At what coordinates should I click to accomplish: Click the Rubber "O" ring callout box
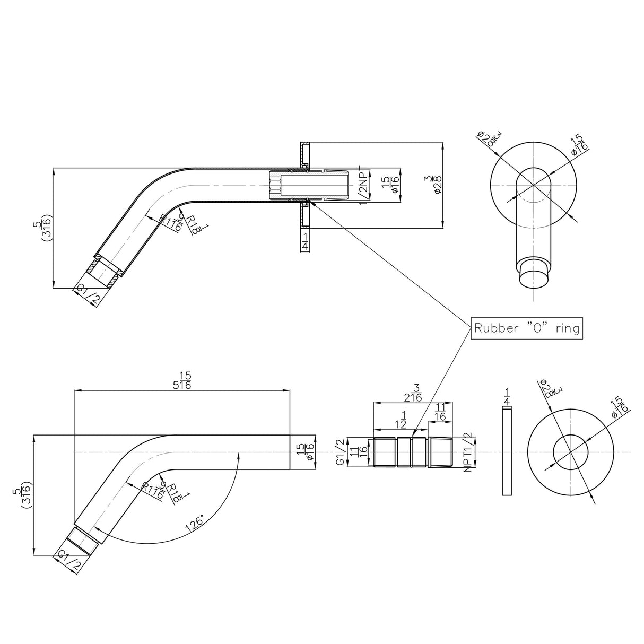tap(527, 328)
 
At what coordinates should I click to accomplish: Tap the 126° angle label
tap(195, 523)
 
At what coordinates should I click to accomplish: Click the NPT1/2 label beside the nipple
tap(467, 452)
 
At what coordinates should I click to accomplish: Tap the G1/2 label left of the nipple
tap(340, 452)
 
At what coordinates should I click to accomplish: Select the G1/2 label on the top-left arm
tap(88, 295)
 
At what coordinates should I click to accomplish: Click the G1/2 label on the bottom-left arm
tap(69, 561)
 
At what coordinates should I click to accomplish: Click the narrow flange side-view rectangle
tap(507, 452)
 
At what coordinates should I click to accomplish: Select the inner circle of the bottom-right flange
tap(571, 452)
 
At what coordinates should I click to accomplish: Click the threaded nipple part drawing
tap(413, 452)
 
